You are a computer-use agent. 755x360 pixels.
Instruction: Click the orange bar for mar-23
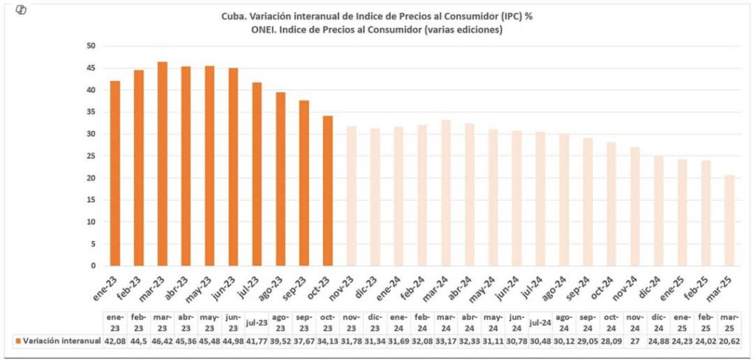(x=162, y=164)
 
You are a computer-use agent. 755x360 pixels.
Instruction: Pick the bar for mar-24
(x=445, y=193)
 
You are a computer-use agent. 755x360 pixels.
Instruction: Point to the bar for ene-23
(x=115, y=173)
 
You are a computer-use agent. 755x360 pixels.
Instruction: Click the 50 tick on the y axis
(x=91, y=46)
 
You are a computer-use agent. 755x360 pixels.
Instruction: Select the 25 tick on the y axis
(x=91, y=156)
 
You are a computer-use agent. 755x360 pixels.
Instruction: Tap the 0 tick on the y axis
(x=94, y=266)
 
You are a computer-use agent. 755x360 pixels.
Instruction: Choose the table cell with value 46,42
(x=162, y=340)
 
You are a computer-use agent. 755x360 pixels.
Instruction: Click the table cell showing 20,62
(x=729, y=340)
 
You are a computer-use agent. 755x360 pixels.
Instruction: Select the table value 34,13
(x=327, y=340)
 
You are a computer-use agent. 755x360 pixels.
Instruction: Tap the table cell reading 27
(x=634, y=340)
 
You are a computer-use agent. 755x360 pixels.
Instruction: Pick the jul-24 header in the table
(x=540, y=322)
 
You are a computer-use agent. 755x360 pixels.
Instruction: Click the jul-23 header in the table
(x=257, y=322)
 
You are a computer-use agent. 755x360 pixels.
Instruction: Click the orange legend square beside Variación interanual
(x=17, y=341)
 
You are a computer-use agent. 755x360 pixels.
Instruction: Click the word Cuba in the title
(x=234, y=16)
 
